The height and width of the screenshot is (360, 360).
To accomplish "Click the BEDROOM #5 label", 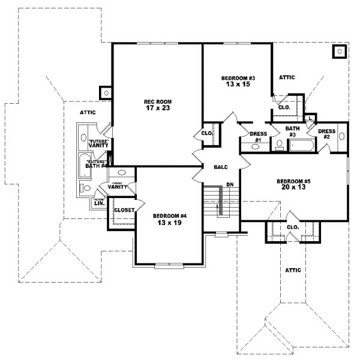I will [294, 181].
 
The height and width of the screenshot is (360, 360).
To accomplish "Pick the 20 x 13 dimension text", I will [294, 188].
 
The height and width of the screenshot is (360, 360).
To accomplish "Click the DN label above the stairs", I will [229, 184].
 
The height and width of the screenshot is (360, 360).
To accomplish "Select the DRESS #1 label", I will [258, 137].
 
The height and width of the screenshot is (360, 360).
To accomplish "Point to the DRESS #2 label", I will [326, 134].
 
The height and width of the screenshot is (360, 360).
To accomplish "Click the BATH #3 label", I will [292, 132].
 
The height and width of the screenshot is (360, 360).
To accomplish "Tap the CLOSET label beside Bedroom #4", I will [124, 211].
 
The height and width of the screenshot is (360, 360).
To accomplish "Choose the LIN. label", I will [99, 203].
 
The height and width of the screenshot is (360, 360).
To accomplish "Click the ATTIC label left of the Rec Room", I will [79, 112].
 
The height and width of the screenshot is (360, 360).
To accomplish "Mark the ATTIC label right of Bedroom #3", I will [286, 77].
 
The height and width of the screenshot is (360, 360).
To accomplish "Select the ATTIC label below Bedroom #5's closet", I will [293, 270].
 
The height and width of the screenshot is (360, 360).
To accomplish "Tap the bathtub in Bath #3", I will [298, 146].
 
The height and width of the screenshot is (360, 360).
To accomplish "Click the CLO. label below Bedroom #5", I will [293, 227].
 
